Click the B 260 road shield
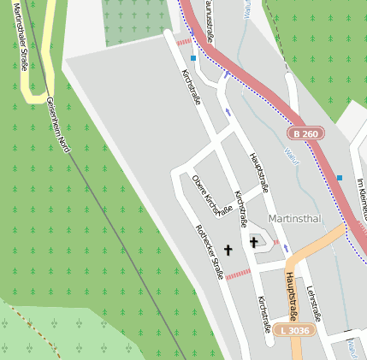(305, 133)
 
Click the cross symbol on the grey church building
(254, 242)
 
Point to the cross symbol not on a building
(228, 250)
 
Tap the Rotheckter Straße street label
(210, 253)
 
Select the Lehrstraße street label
(313, 303)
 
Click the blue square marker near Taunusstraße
(193, 58)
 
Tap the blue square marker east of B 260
(340, 178)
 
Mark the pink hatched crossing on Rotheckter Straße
(237, 274)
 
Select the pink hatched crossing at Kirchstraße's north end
(183, 41)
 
